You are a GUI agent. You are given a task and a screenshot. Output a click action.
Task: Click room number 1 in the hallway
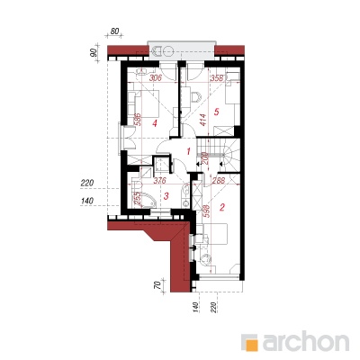[188, 151]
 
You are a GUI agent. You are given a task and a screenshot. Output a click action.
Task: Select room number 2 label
[222, 207]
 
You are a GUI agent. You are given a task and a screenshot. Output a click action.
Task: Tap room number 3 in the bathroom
[166, 196]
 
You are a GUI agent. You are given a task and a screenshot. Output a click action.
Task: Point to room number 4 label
[155, 123]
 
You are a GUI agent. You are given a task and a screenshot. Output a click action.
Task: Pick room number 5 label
[217, 112]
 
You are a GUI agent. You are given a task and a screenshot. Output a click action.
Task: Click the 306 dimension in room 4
[156, 78]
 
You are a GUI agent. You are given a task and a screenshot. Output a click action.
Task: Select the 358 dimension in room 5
[218, 78]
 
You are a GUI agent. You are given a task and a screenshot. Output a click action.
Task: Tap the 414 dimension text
[202, 120]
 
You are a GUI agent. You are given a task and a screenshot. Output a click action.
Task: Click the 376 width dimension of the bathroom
[160, 181]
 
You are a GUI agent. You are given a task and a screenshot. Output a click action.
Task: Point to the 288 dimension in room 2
[219, 181]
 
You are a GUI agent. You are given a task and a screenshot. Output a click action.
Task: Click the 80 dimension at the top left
[113, 31]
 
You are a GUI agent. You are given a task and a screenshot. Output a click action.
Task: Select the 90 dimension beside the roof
[94, 52]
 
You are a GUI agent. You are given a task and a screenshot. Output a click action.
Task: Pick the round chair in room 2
[206, 257]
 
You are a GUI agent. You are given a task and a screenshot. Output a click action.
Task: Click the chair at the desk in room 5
[196, 96]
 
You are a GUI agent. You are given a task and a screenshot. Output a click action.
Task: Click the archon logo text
[306, 342]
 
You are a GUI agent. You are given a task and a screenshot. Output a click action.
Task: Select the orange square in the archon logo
[251, 345]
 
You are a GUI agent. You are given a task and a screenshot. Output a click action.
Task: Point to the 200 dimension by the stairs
[205, 158]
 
